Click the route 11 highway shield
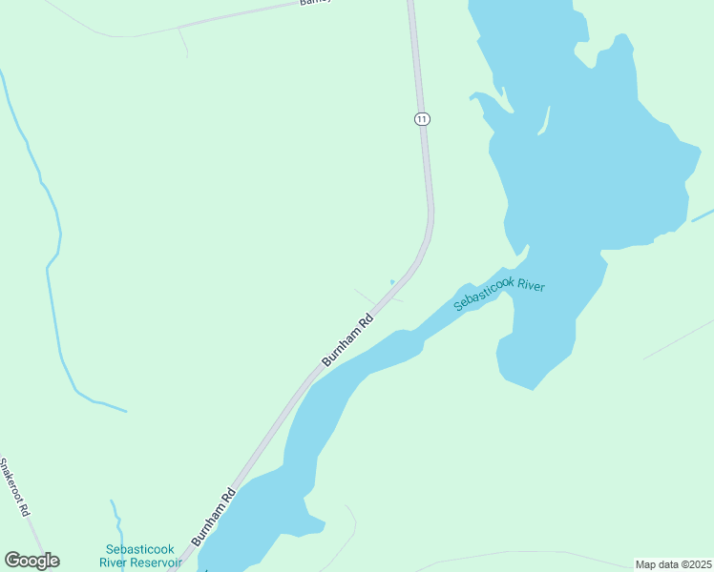pyautogui.click(x=423, y=118)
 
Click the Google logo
pyautogui.click(x=31, y=561)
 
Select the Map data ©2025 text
pyautogui.click(x=673, y=564)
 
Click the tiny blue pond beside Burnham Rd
pyautogui.click(x=392, y=281)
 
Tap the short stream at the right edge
pyautogui.click(x=702, y=215)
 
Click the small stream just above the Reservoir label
pyautogui.click(x=117, y=520)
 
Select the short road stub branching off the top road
pyautogui.click(x=182, y=41)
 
